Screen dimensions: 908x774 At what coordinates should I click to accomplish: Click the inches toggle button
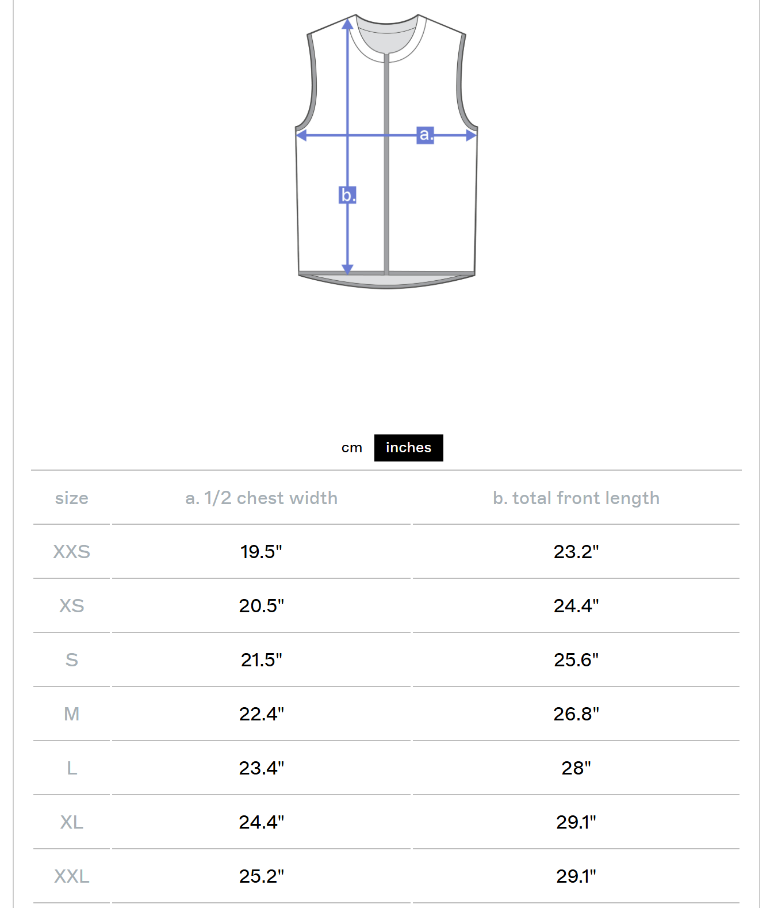408,448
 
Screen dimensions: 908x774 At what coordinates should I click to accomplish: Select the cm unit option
351,448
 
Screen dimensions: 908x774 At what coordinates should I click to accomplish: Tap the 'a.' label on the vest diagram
425,135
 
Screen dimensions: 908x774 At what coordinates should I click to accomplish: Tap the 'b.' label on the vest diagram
347,195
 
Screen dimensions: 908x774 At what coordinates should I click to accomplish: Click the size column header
71,498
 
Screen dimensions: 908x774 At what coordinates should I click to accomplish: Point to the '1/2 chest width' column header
262,498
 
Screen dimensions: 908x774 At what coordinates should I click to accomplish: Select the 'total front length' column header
576,498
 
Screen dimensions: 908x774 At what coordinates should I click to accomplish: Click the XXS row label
71,552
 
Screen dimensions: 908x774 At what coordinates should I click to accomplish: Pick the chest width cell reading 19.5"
262,552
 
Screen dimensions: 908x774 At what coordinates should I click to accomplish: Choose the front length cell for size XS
576,606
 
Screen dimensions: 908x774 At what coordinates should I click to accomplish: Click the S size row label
71,660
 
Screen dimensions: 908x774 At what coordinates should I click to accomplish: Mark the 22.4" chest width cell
262,714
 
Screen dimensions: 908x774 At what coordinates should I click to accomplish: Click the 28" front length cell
576,768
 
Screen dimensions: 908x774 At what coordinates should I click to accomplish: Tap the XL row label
71,822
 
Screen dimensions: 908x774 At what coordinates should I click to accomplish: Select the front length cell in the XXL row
576,876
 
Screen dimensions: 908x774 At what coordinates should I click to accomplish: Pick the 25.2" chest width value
262,876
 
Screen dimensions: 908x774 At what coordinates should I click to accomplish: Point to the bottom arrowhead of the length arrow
347,269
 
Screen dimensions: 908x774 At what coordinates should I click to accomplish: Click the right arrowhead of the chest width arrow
471,135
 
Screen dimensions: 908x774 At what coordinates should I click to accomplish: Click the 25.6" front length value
576,660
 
